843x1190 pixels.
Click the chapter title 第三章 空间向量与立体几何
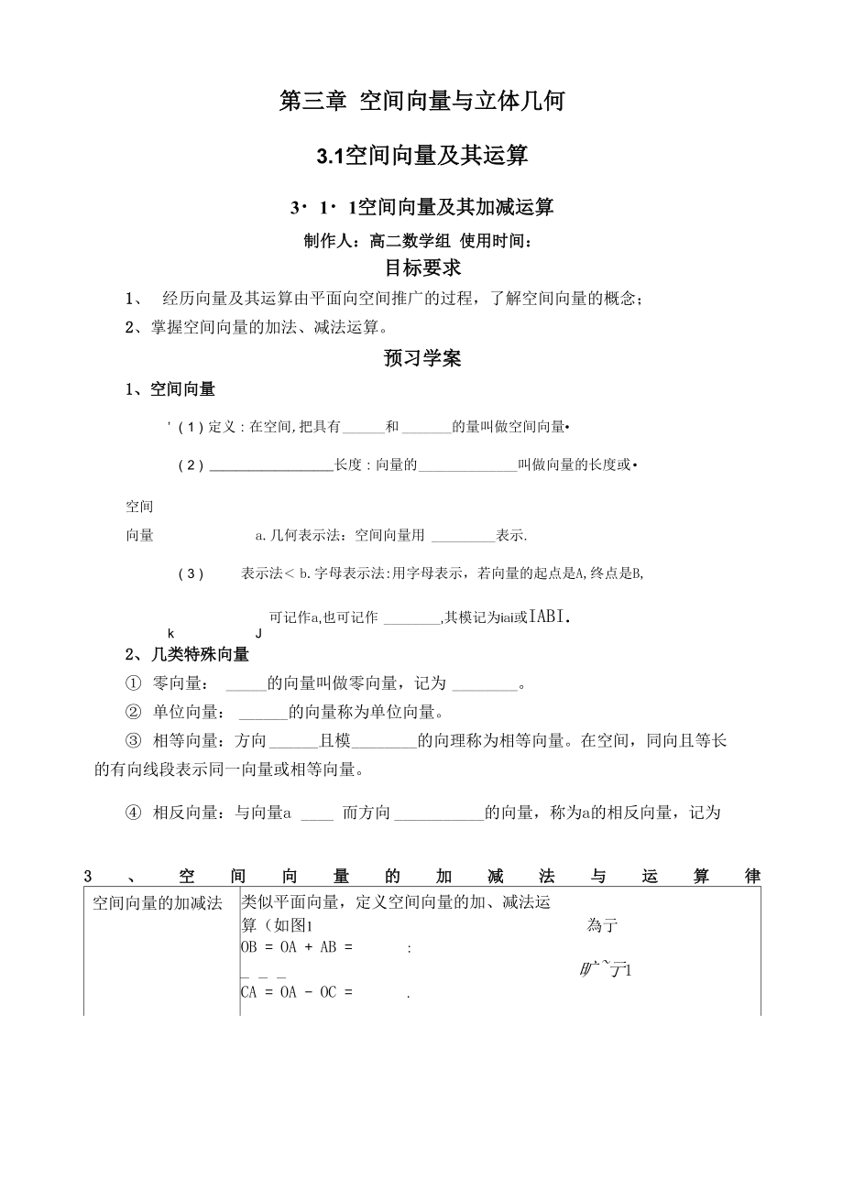[421, 101]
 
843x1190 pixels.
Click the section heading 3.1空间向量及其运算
[421, 156]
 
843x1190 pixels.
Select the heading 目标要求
[422, 267]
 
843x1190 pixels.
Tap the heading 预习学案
[422, 357]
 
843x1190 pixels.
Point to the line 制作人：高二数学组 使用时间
[418, 241]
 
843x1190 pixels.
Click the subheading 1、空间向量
[170, 389]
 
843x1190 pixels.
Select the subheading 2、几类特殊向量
[187, 654]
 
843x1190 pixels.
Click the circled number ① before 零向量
[133, 683]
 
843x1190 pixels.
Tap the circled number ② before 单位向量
[133, 712]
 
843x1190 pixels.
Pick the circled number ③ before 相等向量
[133, 740]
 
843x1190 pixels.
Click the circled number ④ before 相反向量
[133, 812]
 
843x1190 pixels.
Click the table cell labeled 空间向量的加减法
[158, 903]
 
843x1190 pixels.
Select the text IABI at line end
[549, 617]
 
